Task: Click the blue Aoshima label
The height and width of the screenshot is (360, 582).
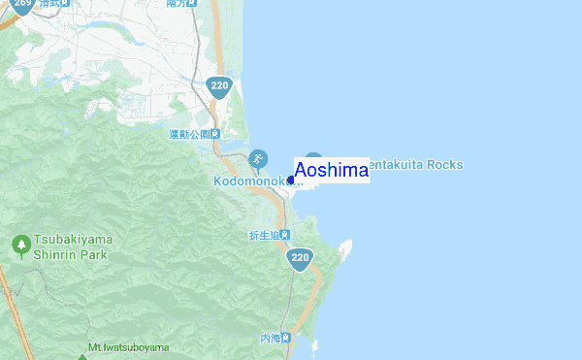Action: [x=331, y=171]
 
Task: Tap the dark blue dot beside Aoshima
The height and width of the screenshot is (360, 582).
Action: [x=291, y=180]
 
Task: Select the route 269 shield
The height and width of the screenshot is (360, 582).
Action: [x=23, y=7]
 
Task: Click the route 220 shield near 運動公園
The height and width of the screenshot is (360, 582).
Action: [x=218, y=87]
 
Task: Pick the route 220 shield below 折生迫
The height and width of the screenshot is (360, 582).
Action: [x=300, y=258]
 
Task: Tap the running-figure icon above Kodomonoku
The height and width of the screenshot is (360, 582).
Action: [x=258, y=158]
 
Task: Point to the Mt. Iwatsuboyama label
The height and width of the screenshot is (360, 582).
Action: [x=128, y=347]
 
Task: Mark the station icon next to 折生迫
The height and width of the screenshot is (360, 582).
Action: [x=287, y=235]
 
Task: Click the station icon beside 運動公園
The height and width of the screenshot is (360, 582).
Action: [x=215, y=134]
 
